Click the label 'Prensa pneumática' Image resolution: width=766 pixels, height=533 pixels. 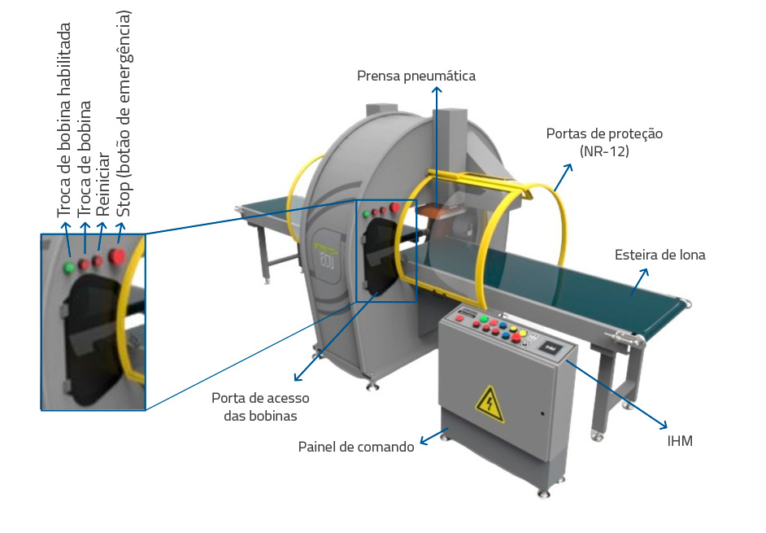pyautogui.click(x=416, y=76)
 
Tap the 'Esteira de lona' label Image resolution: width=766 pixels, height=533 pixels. pyautogui.click(x=659, y=255)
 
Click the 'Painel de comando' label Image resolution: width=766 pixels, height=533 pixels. pyautogui.click(x=356, y=447)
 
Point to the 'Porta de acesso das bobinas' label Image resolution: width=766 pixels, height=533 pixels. pyautogui.click(x=260, y=407)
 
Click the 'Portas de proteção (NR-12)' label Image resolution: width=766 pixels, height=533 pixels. pyautogui.click(x=605, y=142)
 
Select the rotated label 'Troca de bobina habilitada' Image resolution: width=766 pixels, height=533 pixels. pyautogui.click(x=64, y=120)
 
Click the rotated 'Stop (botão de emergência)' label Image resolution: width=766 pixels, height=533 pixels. pyautogui.click(x=124, y=113)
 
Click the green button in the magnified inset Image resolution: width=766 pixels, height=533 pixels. pyautogui.click(x=69, y=266)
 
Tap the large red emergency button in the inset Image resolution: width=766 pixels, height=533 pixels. pyautogui.click(x=118, y=258)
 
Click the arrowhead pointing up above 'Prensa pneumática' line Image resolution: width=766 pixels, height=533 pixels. pyautogui.click(x=437, y=91)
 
